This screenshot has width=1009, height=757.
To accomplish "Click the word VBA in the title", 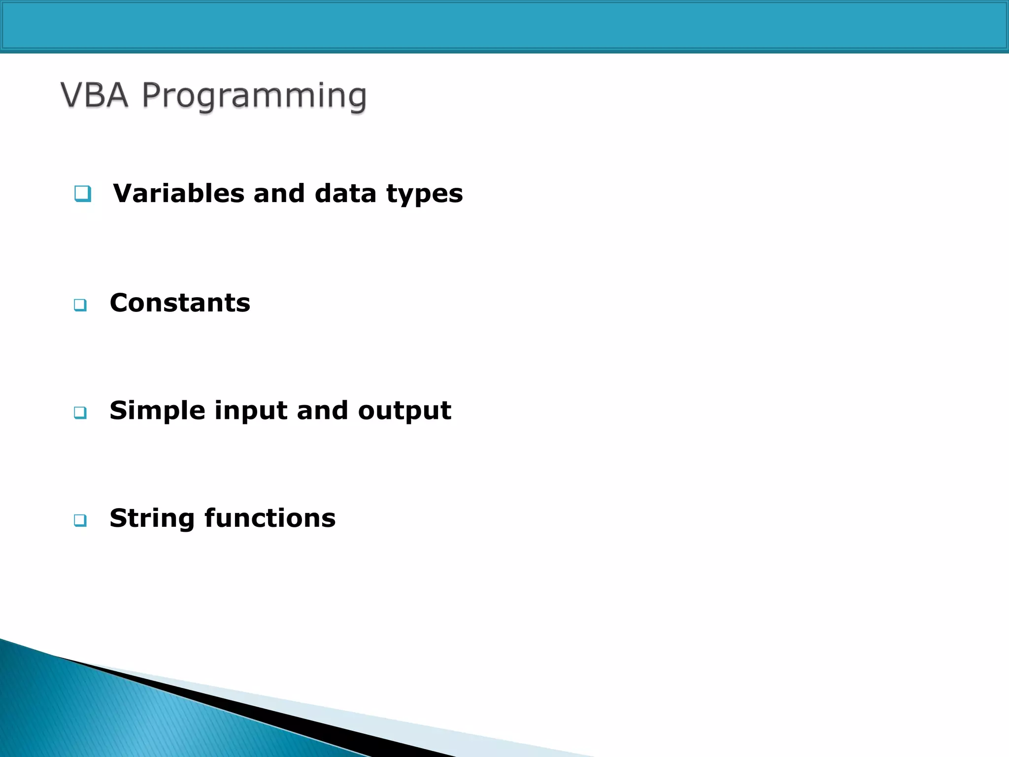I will [95, 95].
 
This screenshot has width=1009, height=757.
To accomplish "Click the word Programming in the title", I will [254, 96].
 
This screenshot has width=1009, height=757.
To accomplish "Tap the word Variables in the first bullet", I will [178, 193].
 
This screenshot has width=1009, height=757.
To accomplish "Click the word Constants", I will [180, 303].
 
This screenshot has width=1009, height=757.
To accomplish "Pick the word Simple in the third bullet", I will [157, 411].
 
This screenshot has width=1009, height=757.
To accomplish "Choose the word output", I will [404, 411].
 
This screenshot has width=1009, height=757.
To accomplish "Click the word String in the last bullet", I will [152, 518].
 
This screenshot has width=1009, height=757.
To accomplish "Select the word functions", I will [270, 518].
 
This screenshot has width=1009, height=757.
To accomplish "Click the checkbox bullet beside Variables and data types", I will [83, 194].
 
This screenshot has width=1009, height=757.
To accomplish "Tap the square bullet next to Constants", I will [80, 305].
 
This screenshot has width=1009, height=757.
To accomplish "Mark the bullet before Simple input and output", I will [80, 413].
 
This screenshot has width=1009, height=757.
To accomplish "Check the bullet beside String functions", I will [80, 520].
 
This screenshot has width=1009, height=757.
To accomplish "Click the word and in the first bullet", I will [279, 193].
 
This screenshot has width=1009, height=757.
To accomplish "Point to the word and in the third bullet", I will [322, 411].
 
